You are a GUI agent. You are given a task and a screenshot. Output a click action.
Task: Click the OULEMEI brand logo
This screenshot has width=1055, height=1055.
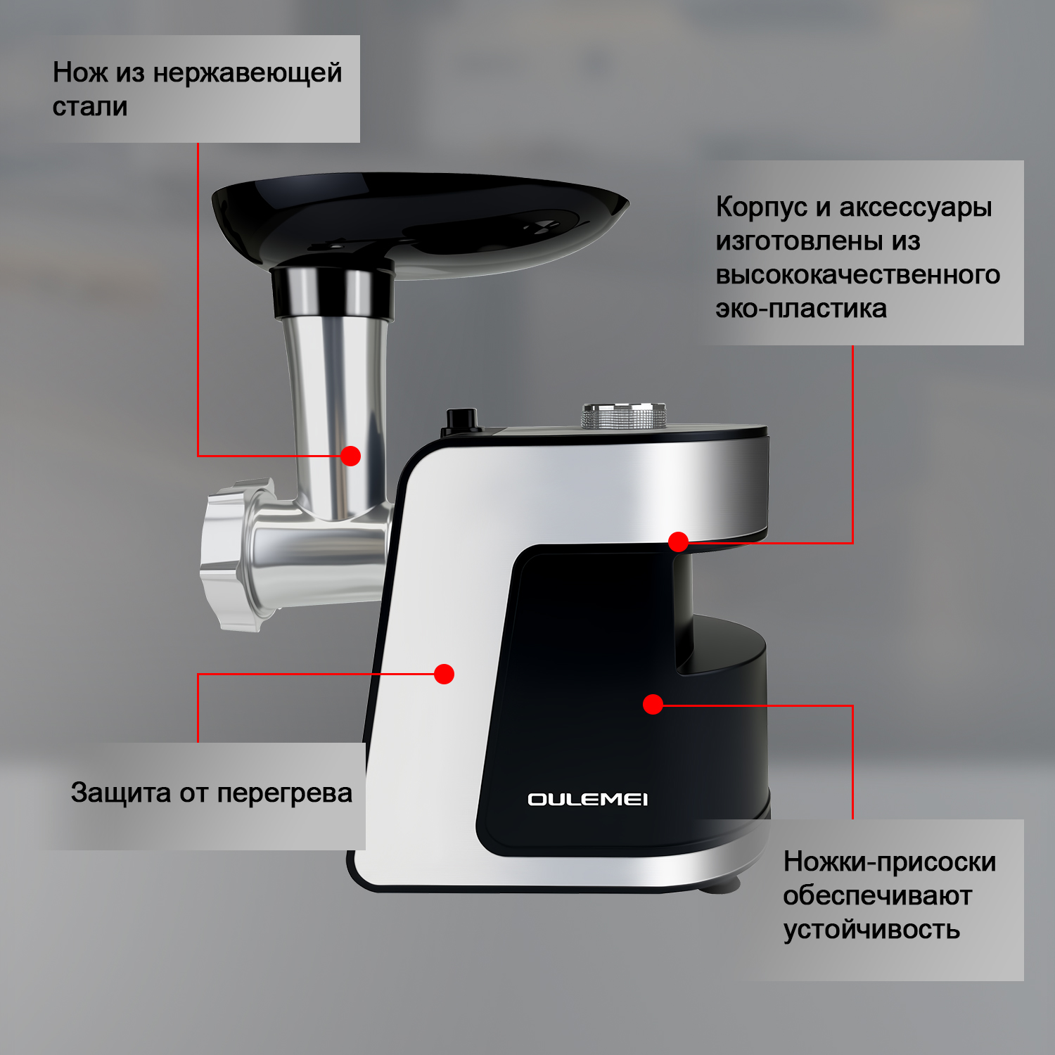pyautogui.click(x=588, y=799)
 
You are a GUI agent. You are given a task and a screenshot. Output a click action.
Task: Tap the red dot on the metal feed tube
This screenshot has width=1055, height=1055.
pyautogui.click(x=350, y=456)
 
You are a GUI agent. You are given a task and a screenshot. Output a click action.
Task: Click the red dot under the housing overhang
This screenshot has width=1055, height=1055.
pyautogui.click(x=678, y=542)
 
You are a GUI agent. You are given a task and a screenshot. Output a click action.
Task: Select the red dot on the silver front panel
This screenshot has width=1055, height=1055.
pyautogui.click(x=444, y=674)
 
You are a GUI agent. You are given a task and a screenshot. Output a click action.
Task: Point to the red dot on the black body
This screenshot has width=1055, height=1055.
pyautogui.click(x=653, y=704)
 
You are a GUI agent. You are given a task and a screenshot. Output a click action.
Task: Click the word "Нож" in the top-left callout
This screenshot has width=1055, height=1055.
pyautogui.click(x=80, y=72)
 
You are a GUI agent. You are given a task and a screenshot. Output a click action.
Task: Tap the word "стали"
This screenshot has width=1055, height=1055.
pyautogui.click(x=90, y=107)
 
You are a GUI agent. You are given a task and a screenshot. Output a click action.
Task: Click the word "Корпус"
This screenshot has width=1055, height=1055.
pyautogui.click(x=762, y=207)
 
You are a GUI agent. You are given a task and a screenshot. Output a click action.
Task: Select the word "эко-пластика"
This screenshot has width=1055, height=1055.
pyautogui.click(x=801, y=309)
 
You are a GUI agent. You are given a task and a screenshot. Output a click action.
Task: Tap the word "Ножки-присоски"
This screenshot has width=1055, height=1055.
pyautogui.click(x=890, y=862)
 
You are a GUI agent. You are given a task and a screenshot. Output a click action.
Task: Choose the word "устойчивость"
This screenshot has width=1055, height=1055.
pyautogui.click(x=871, y=930)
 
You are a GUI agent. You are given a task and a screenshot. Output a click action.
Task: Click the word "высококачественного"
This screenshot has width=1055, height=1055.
pyautogui.click(x=858, y=275)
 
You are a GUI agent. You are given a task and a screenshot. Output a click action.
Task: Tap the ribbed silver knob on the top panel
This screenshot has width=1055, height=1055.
pyautogui.click(x=623, y=416)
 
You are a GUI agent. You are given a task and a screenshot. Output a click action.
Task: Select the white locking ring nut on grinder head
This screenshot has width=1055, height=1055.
pyautogui.click(x=232, y=553)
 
